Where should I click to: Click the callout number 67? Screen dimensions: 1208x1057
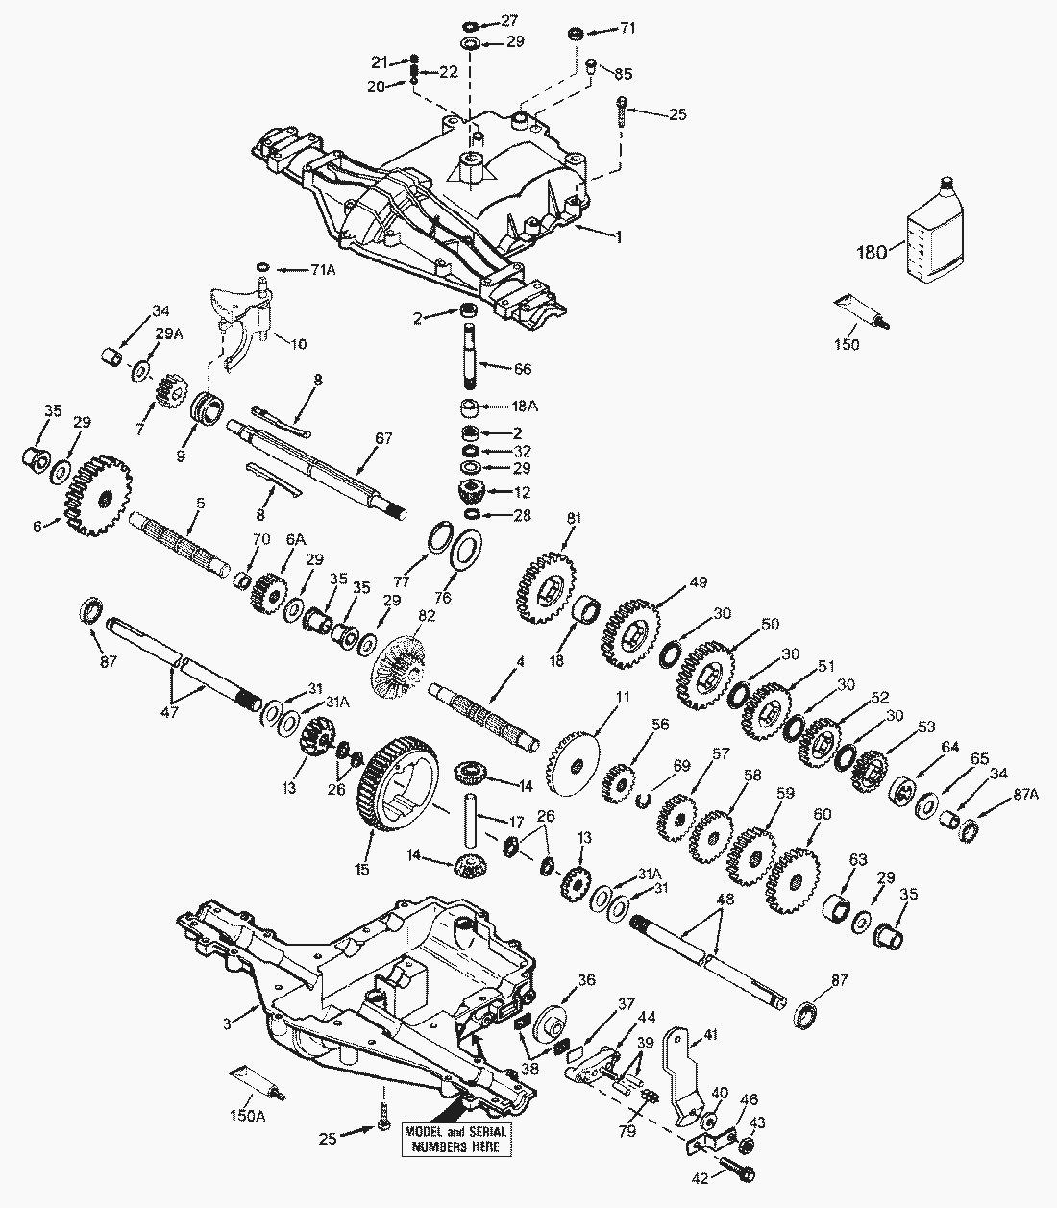coord(384,437)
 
